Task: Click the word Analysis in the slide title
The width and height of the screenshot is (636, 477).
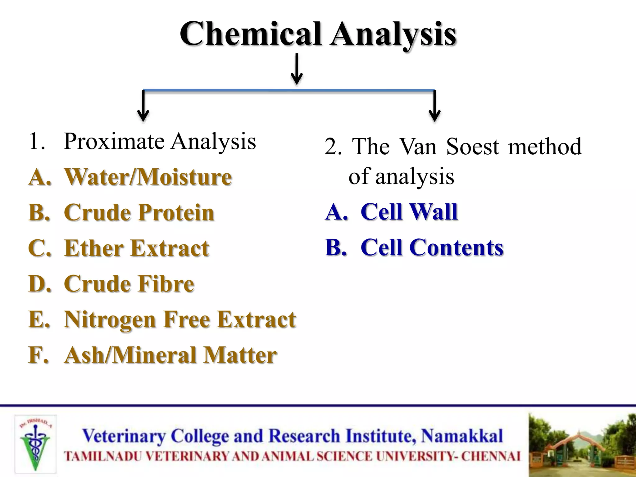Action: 393,34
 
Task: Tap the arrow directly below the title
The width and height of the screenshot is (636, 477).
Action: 297,69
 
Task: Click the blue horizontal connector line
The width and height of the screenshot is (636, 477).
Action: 289,90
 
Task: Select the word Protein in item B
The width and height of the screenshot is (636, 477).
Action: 176,213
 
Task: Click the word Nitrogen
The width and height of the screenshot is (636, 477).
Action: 110,320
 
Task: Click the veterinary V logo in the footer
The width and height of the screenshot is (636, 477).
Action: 35,444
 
